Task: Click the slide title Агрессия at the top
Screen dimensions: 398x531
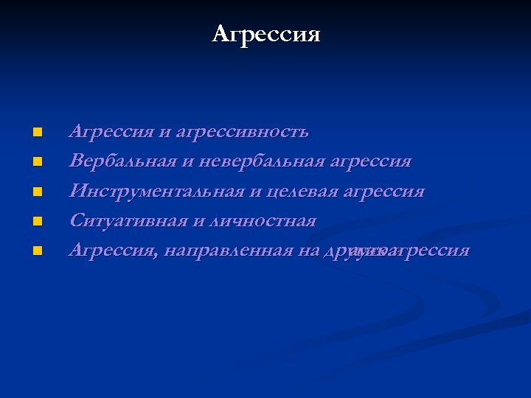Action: point(265,34)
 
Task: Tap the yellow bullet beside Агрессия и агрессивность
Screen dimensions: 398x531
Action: point(37,133)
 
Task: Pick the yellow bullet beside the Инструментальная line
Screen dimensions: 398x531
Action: point(37,192)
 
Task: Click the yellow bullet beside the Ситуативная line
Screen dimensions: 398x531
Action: point(37,221)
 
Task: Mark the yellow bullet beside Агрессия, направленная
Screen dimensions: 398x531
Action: point(37,251)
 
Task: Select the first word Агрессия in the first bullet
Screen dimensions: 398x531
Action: point(111,133)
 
